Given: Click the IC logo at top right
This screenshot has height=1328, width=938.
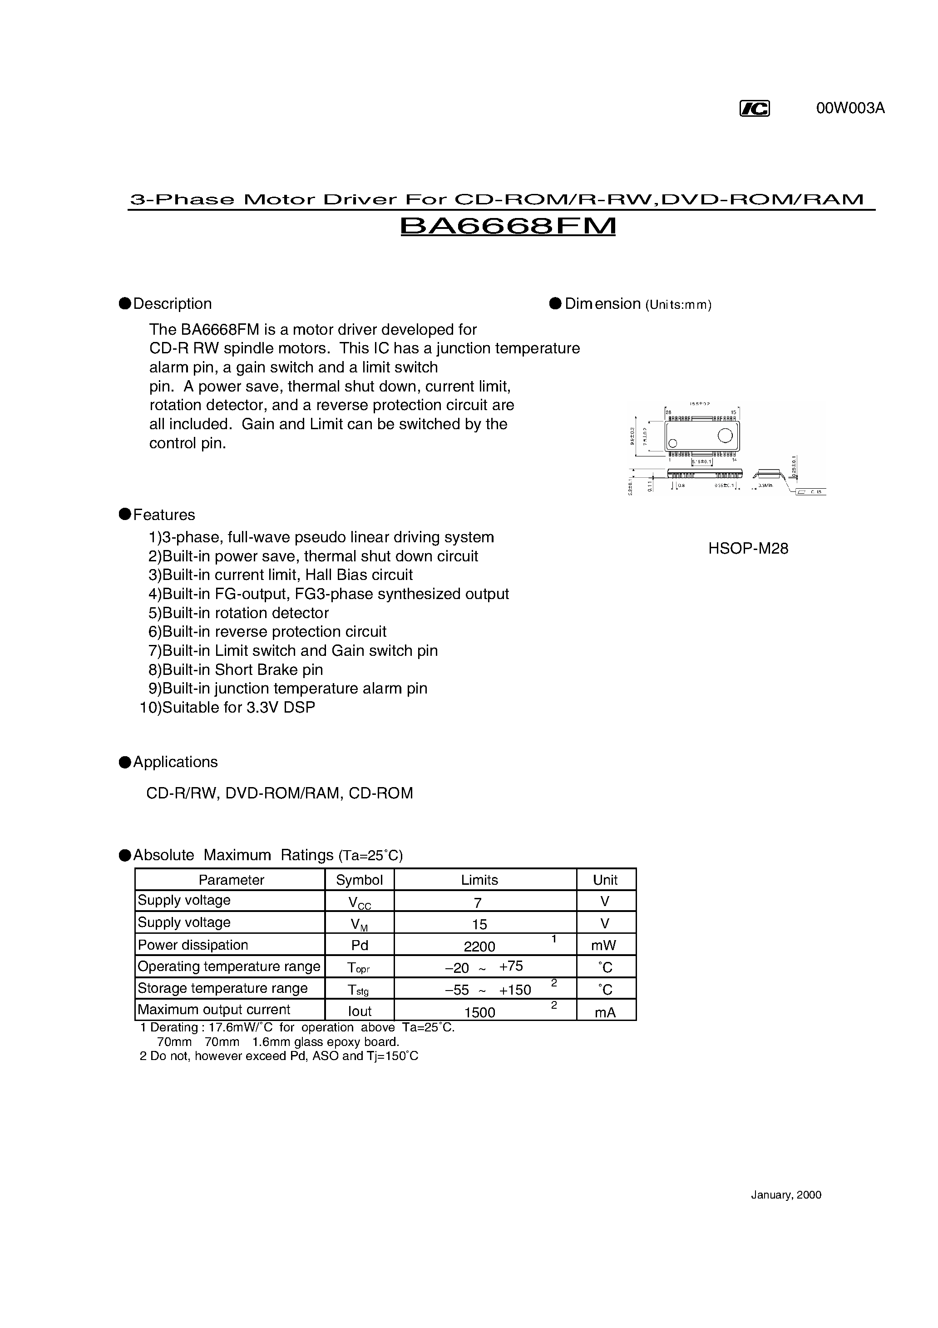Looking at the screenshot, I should (x=755, y=109).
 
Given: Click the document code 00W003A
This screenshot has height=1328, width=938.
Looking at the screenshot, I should (x=850, y=108).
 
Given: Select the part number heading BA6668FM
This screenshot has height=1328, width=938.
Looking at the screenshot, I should (x=508, y=226).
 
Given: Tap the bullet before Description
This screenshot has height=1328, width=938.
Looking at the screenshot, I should (x=124, y=304).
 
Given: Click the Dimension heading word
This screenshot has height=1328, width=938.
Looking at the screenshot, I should (x=602, y=304).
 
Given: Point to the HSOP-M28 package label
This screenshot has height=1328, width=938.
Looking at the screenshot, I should (x=748, y=548).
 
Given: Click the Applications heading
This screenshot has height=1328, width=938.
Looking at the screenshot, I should (x=175, y=762).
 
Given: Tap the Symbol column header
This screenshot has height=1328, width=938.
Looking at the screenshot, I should (x=359, y=880).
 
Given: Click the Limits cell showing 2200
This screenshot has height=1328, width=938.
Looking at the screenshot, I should (x=479, y=946).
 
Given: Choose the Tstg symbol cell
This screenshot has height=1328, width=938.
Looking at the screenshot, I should (x=359, y=990).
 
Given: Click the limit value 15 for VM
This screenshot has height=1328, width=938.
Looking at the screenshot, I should (x=479, y=924).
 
